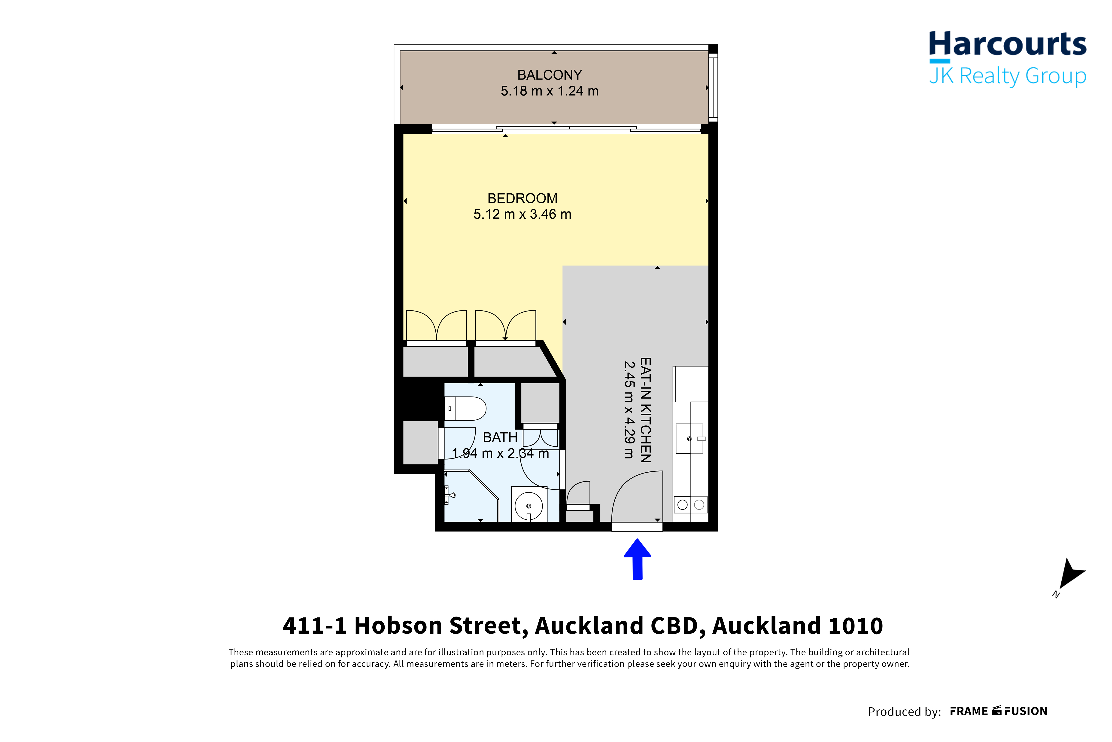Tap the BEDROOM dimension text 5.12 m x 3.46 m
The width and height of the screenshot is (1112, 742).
coord(522,214)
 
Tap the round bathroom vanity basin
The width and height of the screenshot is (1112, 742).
coord(528,505)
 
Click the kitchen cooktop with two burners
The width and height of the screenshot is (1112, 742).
coord(691,504)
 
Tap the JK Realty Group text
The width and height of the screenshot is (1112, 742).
coord(1007,76)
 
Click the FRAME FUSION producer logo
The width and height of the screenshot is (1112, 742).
coord(999,711)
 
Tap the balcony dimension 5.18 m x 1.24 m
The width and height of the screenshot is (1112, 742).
coord(550,91)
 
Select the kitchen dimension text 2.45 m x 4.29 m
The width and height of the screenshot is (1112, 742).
coord(629,410)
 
